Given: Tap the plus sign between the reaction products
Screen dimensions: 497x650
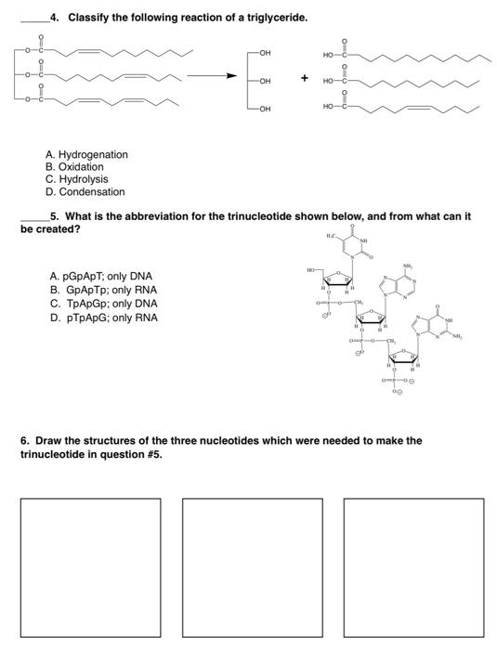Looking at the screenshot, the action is pyautogui.click(x=302, y=79).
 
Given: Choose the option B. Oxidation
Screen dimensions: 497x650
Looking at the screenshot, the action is pyautogui.click(x=75, y=167).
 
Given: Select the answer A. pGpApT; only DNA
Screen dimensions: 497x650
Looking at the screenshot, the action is pyautogui.click(x=101, y=276).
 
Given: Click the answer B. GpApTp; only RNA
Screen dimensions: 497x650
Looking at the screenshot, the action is pyautogui.click(x=101, y=290).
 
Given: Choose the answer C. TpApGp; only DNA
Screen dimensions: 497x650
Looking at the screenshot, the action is pyautogui.click(x=102, y=304).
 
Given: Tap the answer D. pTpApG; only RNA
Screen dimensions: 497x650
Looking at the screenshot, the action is pyautogui.click(x=102, y=318).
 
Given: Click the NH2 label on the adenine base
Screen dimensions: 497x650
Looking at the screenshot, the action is pyautogui.click(x=407, y=266).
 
